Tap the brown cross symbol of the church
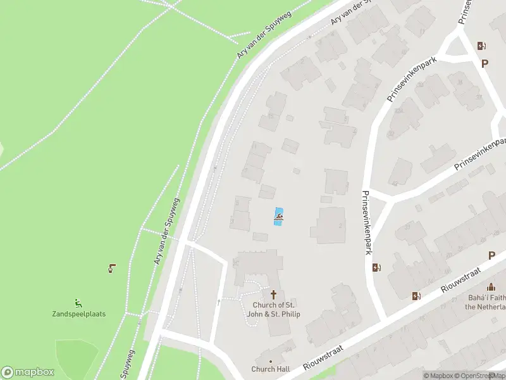coord(274,294)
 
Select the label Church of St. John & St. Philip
coord(273,310)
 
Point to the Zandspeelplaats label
coord(78,314)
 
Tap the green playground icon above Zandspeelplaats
coord(78,303)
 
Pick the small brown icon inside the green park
coord(112,268)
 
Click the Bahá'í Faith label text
coord(486,297)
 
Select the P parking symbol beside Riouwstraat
coord(491,256)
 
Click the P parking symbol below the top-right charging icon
coord(485,63)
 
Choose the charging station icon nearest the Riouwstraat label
coord(416,296)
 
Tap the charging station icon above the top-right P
coord(481,46)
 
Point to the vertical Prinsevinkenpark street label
coord(366,223)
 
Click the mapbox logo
coord(28,372)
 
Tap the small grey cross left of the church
coord(219,303)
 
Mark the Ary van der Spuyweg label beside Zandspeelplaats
coord(166,232)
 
